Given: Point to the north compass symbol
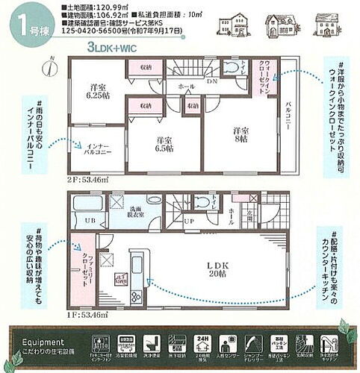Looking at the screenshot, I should pyautogui.click(x=49, y=66).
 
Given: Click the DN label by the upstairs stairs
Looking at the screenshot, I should pyautogui.click(x=212, y=82).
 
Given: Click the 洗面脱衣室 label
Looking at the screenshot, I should pyautogui.click(x=134, y=211).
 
